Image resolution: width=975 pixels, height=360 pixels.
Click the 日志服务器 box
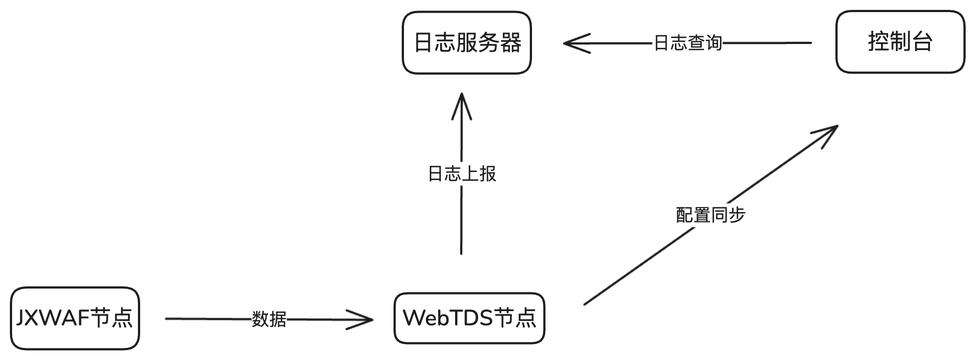click(467, 42)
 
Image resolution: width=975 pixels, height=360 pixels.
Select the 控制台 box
click(900, 42)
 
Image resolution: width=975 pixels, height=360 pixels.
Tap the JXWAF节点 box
click(75, 318)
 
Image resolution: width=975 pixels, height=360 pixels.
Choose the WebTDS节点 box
click(469, 318)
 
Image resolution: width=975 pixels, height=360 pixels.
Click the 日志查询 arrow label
click(687, 43)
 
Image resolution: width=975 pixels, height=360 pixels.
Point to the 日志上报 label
click(462, 174)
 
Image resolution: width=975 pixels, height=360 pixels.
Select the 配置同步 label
click(710, 214)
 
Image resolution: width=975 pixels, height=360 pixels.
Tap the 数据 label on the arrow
click(269, 319)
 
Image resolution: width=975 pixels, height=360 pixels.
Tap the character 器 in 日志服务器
click(511, 42)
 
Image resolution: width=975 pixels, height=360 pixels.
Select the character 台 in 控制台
click(922, 42)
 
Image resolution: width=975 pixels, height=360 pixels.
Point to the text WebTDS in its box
click(447, 318)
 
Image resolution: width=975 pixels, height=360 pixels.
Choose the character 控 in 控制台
click(878, 42)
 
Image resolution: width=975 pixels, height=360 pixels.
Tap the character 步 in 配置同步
click(736, 214)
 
